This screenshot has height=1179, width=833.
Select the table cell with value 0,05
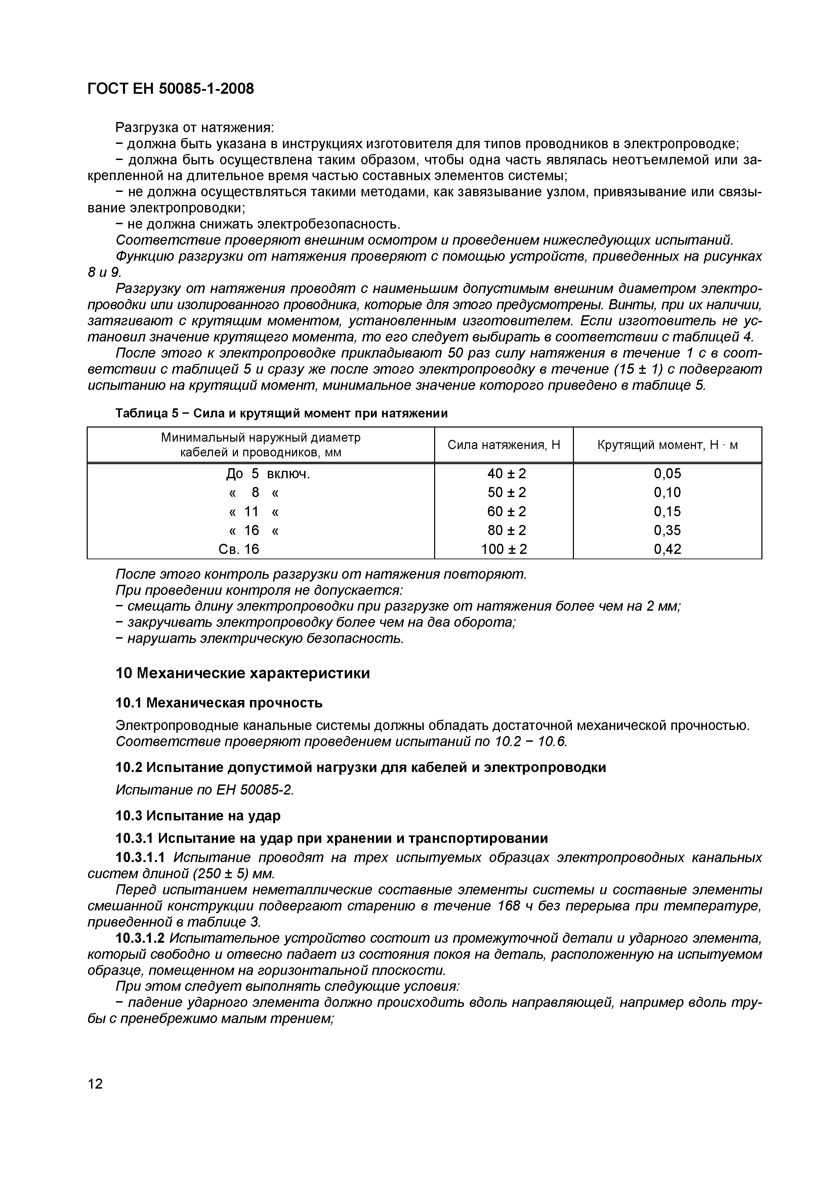pos(667,474)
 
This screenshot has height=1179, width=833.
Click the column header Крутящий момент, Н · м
pos(667,445)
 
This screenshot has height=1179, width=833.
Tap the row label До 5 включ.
pos(268,474)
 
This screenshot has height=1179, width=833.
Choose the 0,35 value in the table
pos(667,530)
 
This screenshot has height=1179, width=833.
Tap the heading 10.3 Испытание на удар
pos(198,815)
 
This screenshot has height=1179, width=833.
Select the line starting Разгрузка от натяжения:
pos(196,126)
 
